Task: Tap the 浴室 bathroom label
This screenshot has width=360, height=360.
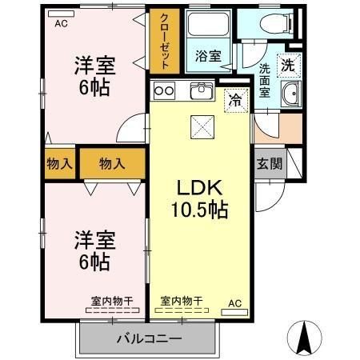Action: [x=209, y=56]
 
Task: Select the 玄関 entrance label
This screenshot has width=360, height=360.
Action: [x=269, y=164]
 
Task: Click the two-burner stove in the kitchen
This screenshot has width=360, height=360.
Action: [x=165, y=91]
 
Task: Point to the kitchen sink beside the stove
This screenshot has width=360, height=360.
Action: [x=200, y=91]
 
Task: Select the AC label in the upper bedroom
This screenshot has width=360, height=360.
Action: [x=61, y=23]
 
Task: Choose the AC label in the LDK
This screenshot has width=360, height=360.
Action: [x=235, y=302]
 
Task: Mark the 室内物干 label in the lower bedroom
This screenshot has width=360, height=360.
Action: [x=111, y=301]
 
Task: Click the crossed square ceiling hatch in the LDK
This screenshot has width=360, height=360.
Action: [x=199, y=126]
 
